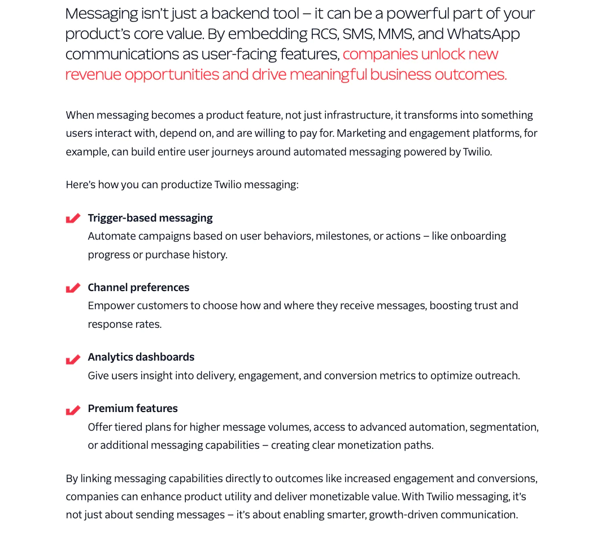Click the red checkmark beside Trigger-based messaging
click(73, 218)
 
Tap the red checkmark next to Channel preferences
click(73, 288)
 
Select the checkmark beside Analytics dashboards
click(73, 359)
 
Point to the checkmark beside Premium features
click(73, 410)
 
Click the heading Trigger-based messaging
click(150, 218)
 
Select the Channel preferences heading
click(138, 288)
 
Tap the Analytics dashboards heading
click(141, 357)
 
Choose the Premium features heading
click(133, 409)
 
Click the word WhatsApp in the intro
click(483, 34)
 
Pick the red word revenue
click(93, 75)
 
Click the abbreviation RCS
click(325, 34)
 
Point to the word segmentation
click(504, 427)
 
